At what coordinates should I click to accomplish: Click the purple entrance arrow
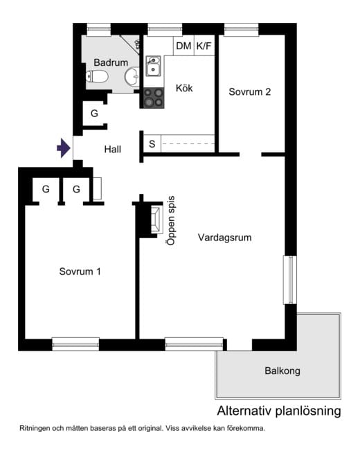[x=64, y=148]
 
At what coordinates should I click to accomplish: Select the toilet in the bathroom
[x=99, y=77]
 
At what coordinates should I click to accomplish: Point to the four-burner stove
[x=154, y=98]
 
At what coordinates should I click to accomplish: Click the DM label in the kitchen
[x=183, y=46]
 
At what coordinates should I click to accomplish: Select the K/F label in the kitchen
[x=205, y=46]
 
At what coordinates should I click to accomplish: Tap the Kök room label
[x=184, y=89]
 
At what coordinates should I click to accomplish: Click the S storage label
[x=152, y=144]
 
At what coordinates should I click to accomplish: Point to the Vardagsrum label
[x=224, y=237]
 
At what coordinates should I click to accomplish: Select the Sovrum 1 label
[x=80, y=271]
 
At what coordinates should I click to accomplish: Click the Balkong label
[x=282, y=371]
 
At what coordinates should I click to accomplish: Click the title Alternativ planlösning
[x=279, y=411]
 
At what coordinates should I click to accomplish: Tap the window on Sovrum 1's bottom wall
[x=75, y=343]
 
